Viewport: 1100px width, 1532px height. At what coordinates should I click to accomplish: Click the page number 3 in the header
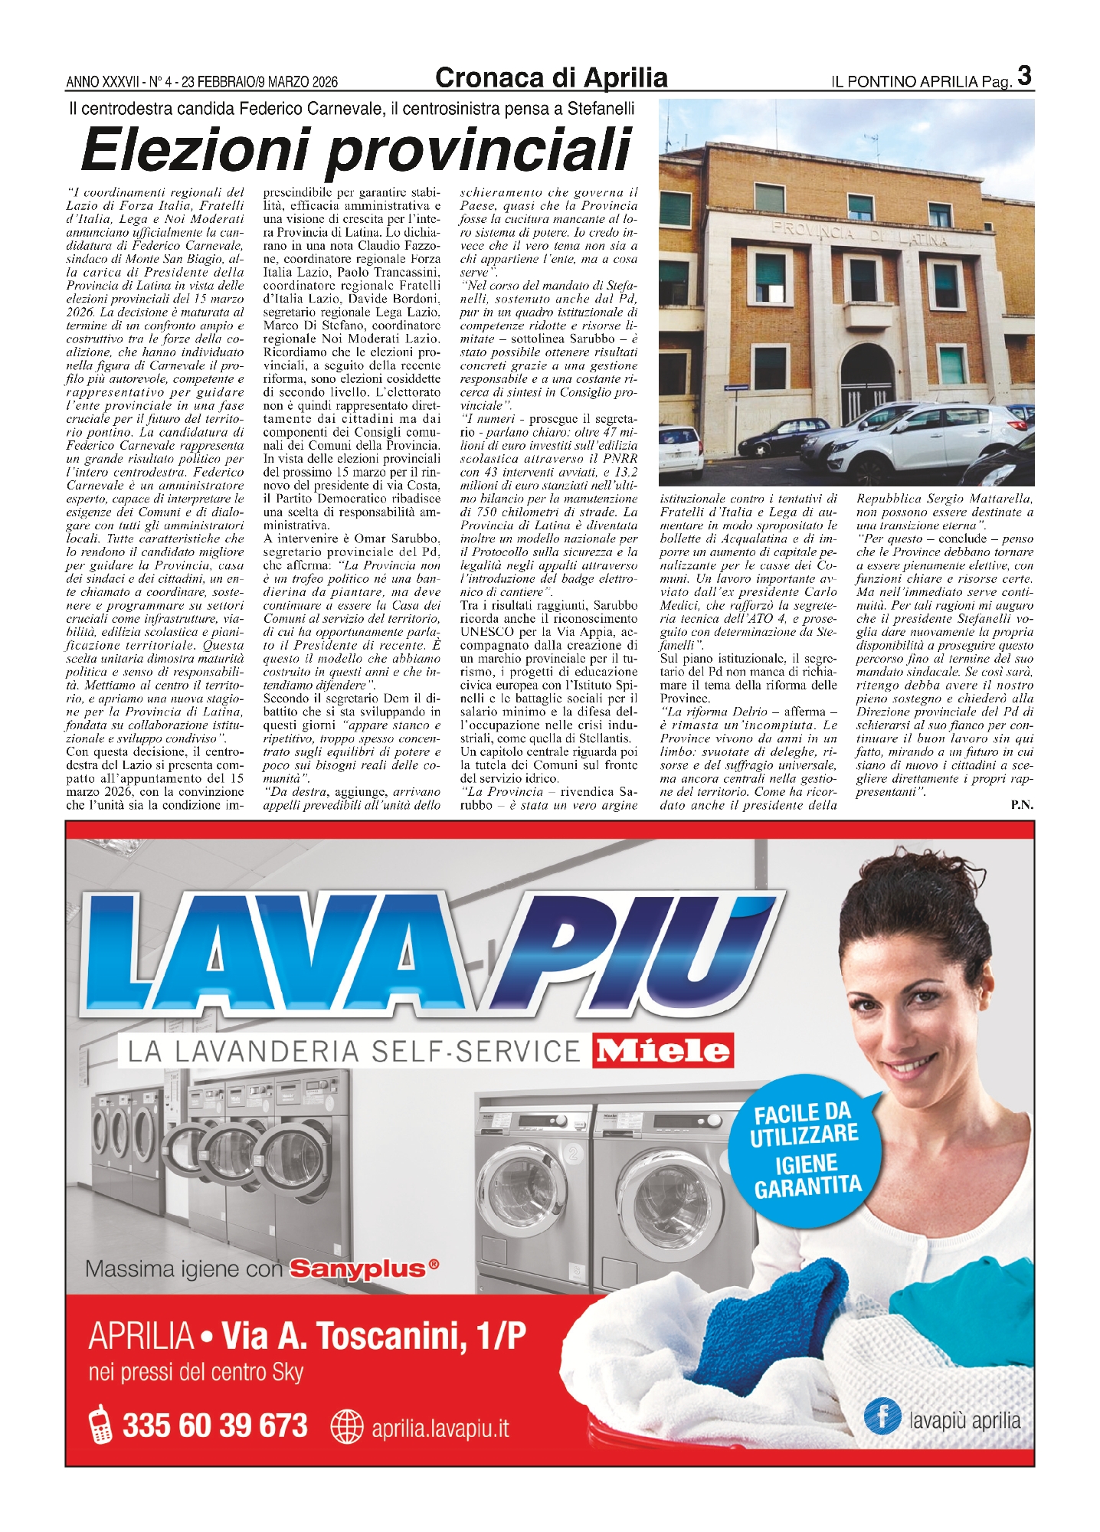click(x=1025, y=77)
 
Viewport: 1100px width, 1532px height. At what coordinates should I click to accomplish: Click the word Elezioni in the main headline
click(x=204, y=149)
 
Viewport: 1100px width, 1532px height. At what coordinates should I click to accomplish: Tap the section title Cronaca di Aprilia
click(x=551, y=78)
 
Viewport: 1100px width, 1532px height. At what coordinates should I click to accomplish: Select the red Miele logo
click(x=663, y=1051)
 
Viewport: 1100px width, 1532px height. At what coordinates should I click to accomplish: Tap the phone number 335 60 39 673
click(x=215, y=1426)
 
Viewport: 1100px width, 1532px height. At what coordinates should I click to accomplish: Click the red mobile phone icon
click(x=100, y=1426)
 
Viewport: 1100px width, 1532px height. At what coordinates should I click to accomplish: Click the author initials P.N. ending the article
click(x=1022, y=804)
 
